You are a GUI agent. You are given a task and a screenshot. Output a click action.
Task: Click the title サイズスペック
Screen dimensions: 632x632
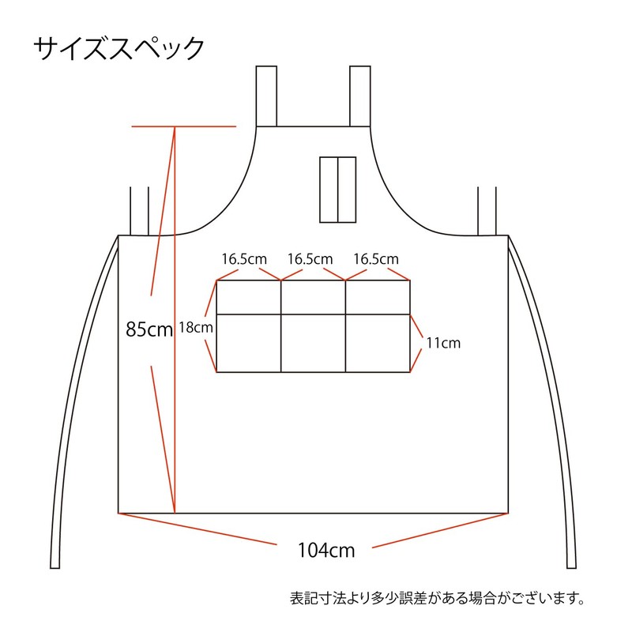tap(118, 48)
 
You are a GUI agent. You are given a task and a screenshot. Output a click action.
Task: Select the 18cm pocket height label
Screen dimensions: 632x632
tap(196, 326)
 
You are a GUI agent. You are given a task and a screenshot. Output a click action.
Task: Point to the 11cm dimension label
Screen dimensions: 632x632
tap(442, 343)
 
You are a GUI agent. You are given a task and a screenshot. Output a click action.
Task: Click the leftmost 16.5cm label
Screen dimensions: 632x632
tap(244, 259)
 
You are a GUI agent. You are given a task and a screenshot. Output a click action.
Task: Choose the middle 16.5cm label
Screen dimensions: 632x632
tap(310, 259)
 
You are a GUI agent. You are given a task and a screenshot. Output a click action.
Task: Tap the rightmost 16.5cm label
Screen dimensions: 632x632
tap(375, 259)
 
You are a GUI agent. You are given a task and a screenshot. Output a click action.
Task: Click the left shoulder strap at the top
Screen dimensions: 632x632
tap(266, 96)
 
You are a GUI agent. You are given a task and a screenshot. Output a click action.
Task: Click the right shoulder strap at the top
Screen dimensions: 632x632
tap(360, 96)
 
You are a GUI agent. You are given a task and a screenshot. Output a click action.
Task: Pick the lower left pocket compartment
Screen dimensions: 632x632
tap(249, 343)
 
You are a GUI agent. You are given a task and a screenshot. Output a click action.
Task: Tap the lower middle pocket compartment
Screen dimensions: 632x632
tap(314, 343)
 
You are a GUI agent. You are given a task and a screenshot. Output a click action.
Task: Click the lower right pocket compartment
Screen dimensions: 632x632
tap(378, 343)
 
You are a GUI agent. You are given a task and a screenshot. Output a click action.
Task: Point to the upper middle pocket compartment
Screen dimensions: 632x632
tap(314, 297)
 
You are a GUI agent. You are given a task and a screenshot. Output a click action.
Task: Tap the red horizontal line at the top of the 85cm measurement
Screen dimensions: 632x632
tap(184, 126)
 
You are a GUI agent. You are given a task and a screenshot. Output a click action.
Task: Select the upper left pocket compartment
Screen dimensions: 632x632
tap(249, 297)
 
